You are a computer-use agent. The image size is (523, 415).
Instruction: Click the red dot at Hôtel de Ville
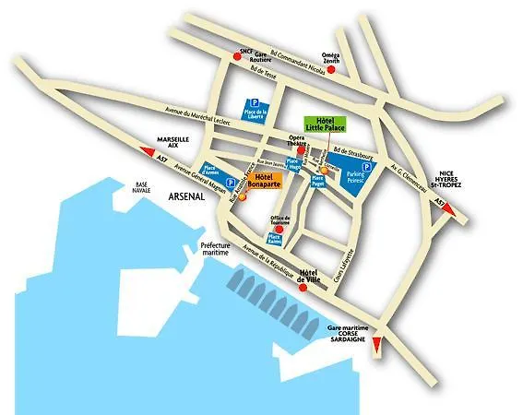[303, 287]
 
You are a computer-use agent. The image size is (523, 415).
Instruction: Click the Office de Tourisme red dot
[282, 226]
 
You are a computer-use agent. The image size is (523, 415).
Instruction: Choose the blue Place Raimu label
[275, 239]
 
